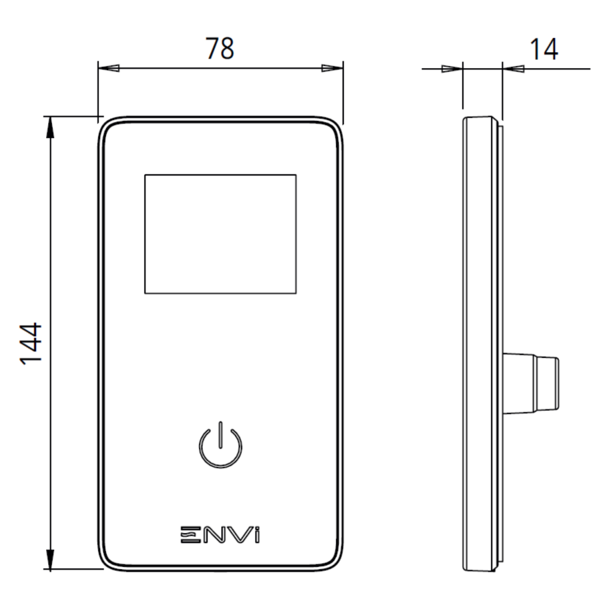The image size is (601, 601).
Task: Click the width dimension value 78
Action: click(220, 49)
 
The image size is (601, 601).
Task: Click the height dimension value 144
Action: click(31, 343)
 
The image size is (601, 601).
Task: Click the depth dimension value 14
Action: click(544, 49)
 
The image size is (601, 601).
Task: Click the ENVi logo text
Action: click(220, 535)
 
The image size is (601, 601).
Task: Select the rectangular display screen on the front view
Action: click(220, 234)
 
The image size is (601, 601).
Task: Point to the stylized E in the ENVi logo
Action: click(190, 535)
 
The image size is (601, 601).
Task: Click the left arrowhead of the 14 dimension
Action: click(453, 68)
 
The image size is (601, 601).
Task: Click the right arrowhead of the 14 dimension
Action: click(512, 68)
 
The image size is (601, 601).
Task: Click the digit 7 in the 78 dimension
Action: click(212, 49)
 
